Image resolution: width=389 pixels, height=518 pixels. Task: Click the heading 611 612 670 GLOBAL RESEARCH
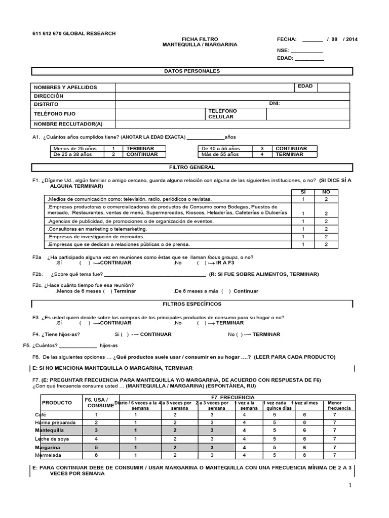coord(74,33)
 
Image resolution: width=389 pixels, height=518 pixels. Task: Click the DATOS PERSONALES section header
coord(192,71)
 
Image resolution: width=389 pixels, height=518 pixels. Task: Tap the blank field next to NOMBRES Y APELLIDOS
coord(205,88)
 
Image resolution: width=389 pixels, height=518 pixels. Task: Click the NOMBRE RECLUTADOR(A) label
coord(68,124)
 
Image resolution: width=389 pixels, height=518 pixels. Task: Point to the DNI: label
coord(275,104)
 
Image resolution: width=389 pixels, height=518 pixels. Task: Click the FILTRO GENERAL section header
coord(192,167)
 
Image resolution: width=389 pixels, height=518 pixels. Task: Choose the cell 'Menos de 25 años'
coord(75,149)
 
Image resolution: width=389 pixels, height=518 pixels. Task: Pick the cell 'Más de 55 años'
coord(221,154)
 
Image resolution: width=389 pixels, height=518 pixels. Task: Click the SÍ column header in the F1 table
coord(303,192)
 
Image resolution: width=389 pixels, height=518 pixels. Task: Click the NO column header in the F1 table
coord(326,192)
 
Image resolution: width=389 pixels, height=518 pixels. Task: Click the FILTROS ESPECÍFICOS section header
coord(192,304)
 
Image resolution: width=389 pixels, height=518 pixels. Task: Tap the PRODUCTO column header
coord(57,403)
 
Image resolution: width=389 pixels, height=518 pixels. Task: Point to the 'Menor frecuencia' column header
coord(338,405)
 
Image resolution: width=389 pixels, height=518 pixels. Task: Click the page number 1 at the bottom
coord(349,486)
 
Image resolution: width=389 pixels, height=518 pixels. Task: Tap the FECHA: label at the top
coord(286,39)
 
